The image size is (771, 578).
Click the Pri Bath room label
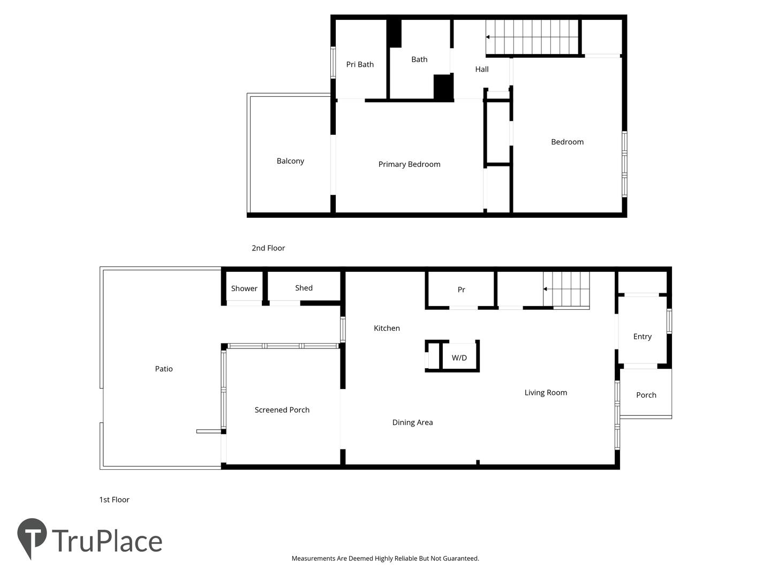tap(360, 65)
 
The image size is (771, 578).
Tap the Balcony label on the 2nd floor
tap(290, 161)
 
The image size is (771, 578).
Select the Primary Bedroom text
tap(409, 164)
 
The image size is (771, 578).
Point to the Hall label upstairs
tap(481, 69)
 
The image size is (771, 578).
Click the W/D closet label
tap(459, 358)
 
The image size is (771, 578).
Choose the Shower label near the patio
tap(244, 288)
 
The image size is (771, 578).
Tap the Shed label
tap(304, 288)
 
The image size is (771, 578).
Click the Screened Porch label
tap(282, 410)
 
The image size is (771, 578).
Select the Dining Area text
tap(412, 423)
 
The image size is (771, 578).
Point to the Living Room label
tap(546, 393)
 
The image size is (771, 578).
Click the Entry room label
tap(642, 337)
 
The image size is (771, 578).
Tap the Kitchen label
tap(387, 328)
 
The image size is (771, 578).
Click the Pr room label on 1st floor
tap(461, 290)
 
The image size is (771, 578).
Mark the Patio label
tap(164, 369)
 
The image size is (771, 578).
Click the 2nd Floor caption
tap(268, 248)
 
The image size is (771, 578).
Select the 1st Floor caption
tap(114, 500)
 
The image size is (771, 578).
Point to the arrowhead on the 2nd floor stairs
tap(488, 37)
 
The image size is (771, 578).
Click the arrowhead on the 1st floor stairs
tap(545, 289)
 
